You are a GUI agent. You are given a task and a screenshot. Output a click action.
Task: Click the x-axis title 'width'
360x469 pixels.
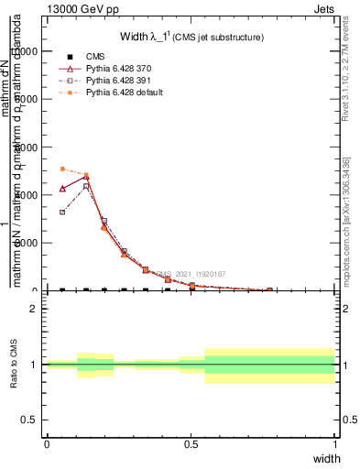click(326, 457)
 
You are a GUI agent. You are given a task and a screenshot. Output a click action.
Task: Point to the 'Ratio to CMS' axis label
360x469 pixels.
click(15, 365)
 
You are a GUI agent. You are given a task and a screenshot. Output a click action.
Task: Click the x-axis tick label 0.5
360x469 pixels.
click(191, 443)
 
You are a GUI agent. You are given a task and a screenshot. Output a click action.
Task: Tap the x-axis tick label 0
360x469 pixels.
click(47, 443)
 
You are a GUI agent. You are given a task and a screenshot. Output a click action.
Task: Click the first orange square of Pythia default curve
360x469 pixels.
click(62, 169)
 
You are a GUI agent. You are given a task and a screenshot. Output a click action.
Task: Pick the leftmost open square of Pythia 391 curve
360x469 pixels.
click(62, 212)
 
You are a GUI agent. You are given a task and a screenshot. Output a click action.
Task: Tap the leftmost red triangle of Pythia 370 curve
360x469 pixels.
click(62, 188)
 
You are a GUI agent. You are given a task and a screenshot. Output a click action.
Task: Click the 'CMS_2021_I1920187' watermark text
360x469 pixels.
click(190, 274)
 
